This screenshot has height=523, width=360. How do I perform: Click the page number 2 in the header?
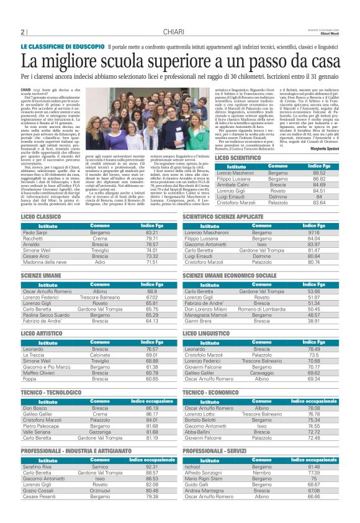22,32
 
